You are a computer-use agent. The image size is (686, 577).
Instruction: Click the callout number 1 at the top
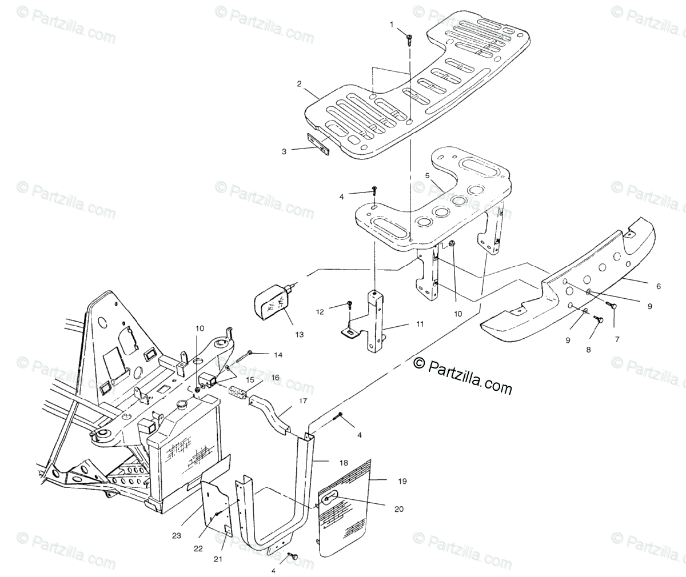point(392,25)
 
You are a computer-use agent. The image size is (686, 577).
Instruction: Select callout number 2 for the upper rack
point(299,84)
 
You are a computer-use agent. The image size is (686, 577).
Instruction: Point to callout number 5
point(426,175)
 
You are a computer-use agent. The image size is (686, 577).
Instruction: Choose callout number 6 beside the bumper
point(658,286)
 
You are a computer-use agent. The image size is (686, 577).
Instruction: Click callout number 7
point(616,339)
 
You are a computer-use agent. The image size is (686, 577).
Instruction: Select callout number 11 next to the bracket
point(420,324)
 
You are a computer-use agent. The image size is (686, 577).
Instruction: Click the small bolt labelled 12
point(349,304)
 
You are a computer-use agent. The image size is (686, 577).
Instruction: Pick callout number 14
point(278,355)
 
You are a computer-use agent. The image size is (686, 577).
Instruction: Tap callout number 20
point(398,508)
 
